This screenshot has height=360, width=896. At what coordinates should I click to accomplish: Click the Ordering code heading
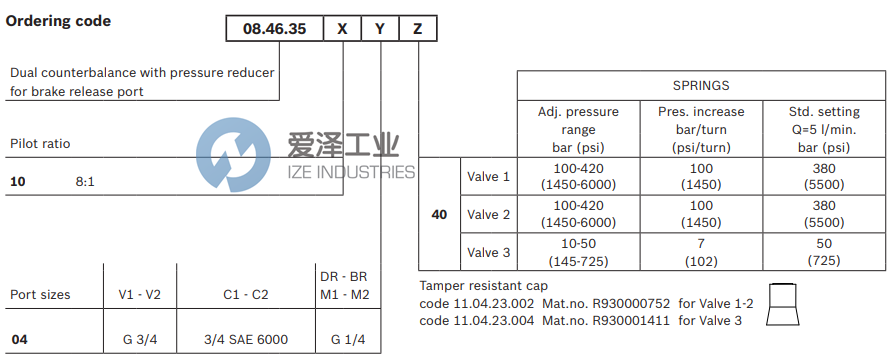(x=58, y=20)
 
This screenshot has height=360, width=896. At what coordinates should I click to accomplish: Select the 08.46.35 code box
(x=273, y=29)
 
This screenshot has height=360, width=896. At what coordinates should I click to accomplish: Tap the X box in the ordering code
(x=342, y=29)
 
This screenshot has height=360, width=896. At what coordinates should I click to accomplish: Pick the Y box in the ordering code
(x=380, y=29)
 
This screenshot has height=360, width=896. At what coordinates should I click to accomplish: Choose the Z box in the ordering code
(x=417, y=29)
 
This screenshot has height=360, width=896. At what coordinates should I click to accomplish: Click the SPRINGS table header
(x=701, y=85)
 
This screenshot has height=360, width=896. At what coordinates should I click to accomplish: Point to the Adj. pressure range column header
(x=579, y=129)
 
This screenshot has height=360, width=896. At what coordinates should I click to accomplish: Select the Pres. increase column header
(x=700, y=129)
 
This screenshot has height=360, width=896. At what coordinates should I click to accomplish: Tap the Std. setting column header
(x=823, y=129)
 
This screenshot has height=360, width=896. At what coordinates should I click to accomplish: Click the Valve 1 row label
(x=489, y=177)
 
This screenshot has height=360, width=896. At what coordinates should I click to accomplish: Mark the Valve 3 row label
(x=489, y=253)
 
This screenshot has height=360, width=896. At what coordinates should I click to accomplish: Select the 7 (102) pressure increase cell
(x=700, y=253)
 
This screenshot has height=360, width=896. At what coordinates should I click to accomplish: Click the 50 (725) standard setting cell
(x=823, y=253)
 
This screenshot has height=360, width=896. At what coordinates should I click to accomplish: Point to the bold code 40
(x=439, y=214)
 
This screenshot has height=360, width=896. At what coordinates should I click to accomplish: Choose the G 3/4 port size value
(x=140, y=340)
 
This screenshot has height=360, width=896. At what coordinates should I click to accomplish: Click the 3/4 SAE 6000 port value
(x=245, y=340)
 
